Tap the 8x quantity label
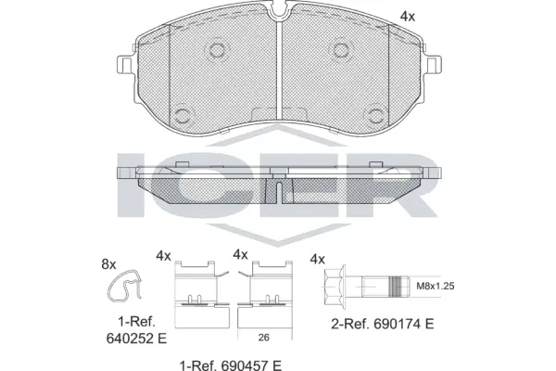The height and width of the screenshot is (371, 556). coord(107,264)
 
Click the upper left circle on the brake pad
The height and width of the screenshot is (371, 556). coord(217,50)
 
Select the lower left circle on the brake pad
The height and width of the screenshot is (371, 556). coord(179,116)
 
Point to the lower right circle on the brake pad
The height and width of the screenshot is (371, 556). coord(375,116)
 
